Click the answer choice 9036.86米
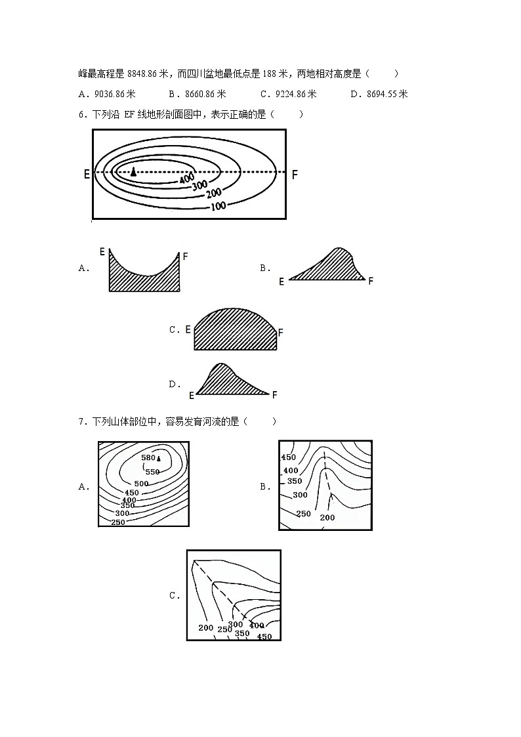tap(115, 94)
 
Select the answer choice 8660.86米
tap(206, 94)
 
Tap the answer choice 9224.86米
tap(297, 94)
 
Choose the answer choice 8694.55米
tap(387, 94)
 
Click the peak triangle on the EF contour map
tap(134, 171)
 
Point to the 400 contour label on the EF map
tap(187, 178)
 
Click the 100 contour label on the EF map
tap(219, 205)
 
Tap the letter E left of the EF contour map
tap(87, 175)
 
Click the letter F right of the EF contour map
tap(295, 175)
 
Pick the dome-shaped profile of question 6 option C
tap(236, 329)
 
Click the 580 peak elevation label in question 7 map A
tap(148, 458)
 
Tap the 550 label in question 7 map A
tap(153, 472)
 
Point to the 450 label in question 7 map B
tap(289, 457)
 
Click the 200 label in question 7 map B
tap(327, 518)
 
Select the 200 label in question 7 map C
tap(206, 627)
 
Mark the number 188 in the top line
tap(269, 74)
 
